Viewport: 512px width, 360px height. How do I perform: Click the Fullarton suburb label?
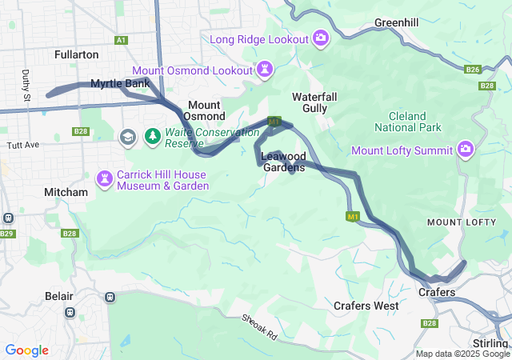76,54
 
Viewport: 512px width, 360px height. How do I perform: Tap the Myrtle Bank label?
120,83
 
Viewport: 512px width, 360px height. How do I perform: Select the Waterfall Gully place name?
320,102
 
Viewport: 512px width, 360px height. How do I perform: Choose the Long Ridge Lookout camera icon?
321,38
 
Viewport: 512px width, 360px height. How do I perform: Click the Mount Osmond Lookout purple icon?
264,70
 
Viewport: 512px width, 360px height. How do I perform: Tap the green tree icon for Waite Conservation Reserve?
153,138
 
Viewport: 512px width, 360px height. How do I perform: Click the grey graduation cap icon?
126,138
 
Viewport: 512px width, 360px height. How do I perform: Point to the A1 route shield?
121,40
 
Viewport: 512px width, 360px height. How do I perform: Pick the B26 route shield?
473,70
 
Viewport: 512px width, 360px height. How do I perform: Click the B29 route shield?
7,233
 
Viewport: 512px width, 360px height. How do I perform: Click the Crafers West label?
366,306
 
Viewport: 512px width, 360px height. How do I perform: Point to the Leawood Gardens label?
282,162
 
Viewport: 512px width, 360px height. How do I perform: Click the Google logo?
26,350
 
